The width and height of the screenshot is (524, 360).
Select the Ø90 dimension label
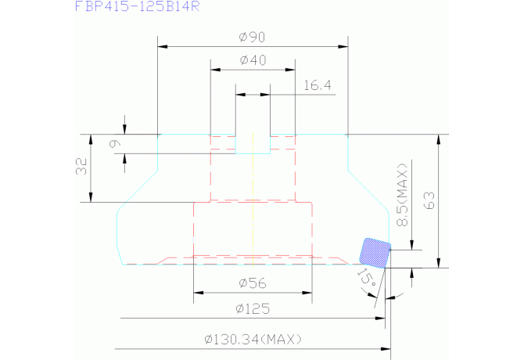pyautogui.click(x=252, y=35)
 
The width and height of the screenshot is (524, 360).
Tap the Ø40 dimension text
pyautogui.click(x=252, y=60)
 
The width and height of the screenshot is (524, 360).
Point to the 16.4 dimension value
pyautogui.click(x=316, y=85)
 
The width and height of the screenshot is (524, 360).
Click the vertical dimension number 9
pyautogui.click(x=116, y=143)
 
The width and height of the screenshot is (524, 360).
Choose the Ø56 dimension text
pyautogui.click(x=252, y=283)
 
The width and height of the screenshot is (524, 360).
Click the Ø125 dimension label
pyautogui.click(x=252, y=308)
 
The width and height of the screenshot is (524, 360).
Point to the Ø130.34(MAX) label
pyautogui.click(x=252, y=339)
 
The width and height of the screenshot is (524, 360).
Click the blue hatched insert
pyautogui.click(x=375, y=251)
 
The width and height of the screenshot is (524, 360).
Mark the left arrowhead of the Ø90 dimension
pyautogui.click(x=162, y=45)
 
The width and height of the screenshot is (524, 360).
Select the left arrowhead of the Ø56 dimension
pyautogui.click(x=197, y=293)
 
